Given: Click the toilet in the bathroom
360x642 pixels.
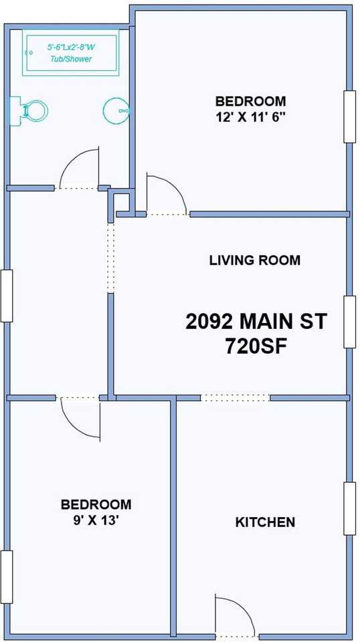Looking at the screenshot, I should point(29,109).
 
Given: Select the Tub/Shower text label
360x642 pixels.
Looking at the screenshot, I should point(71,59).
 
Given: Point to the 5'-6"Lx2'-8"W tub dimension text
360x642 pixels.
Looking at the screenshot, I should point(71,48).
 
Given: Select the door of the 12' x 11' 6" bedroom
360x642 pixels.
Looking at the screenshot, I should point(163,194).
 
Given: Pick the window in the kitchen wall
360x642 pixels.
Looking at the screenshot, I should point(349,508).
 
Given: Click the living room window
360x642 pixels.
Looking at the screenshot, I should point(349,322).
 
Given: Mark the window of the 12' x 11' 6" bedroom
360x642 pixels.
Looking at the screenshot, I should point(349,116).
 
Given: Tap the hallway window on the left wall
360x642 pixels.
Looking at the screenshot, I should point(7,296).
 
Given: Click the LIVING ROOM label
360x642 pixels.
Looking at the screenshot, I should point(254,260).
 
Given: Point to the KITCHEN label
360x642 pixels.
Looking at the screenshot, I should point(265,522).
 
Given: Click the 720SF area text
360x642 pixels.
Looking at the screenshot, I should point(256,347).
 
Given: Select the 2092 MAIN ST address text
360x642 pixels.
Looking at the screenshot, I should point(256,322).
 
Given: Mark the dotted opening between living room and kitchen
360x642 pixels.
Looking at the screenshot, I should point(235,398).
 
